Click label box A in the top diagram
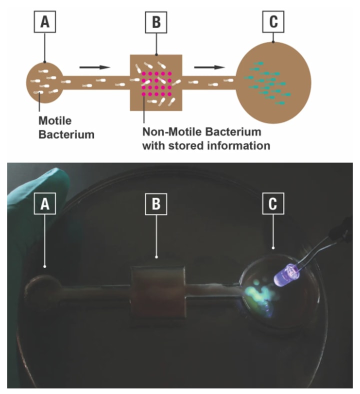click(44, 23)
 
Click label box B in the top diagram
click(155, 23)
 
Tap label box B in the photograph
click(155, 204)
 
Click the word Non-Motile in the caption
click(172, 132)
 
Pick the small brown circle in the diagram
click(44, 80)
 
